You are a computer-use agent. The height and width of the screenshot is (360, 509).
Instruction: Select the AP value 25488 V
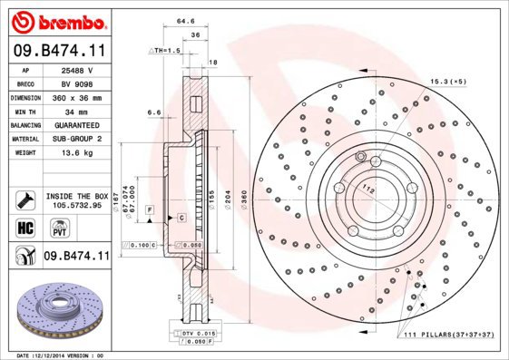pyautogui.click(x=78, y=69)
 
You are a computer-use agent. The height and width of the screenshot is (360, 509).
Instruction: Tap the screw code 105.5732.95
pyautogui.click(x=77, y=205)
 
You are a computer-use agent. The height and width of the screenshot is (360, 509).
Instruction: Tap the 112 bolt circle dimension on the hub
pyautogui.click(x=368, y=190)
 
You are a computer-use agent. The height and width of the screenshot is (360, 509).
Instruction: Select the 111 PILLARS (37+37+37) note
pyautogui.click(x=444, y=336)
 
